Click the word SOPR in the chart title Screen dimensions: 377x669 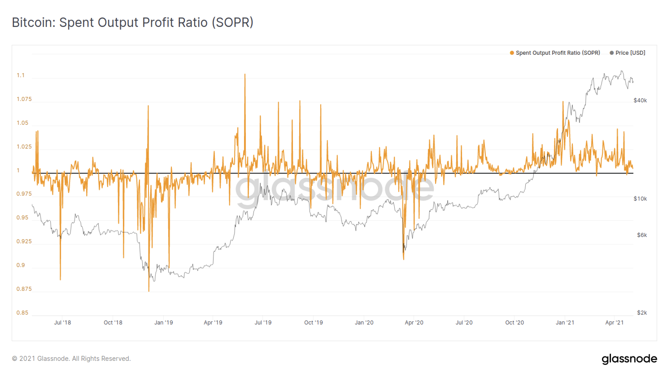click(233, 22)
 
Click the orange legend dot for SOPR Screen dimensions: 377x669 click(512, 53)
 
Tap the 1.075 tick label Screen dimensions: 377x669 click(24, 99)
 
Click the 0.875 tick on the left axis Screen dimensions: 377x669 click(24, 289)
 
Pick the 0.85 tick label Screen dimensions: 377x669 click(22, 313)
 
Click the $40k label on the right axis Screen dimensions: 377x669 click(640, 100)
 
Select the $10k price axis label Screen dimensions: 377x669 click(640, 199)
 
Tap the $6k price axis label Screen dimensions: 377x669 click(641, 235)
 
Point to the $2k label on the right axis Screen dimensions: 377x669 click(641, 313)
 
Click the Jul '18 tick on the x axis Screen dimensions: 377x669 click(62, 322)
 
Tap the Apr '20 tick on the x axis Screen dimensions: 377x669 click(414, 322)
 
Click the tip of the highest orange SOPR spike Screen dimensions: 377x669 click(245, 74)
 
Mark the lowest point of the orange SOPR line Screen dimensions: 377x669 click(149, 291)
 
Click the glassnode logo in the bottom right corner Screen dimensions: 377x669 click(629, 359)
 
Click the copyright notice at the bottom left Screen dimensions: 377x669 click(71, 359)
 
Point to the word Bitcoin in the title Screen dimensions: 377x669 click(33, 22)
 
